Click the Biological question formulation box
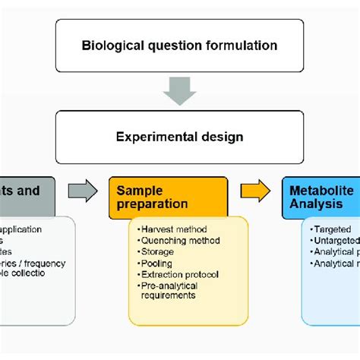179,45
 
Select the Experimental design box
179,137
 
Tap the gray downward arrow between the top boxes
180,90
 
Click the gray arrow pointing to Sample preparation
83,191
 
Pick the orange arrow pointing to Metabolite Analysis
255,191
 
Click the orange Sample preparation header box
168,197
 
